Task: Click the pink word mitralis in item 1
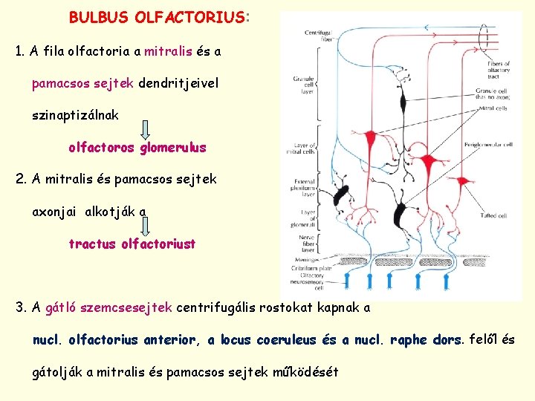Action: (168, 52)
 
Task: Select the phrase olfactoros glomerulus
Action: (137, 148)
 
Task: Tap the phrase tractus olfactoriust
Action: (132, 244)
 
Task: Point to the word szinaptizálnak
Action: (75, 115)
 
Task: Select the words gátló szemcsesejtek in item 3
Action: (109, 307)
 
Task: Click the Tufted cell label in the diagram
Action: (493, 216)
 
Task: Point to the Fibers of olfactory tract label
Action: (497, 69)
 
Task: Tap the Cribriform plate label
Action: (304, 265)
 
